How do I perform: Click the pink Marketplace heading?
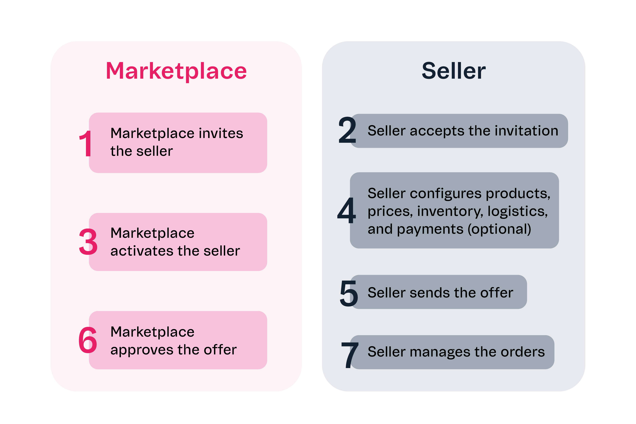pos(176,71)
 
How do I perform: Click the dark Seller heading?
pos(454,71)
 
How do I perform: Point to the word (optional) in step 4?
pos(499,229)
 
